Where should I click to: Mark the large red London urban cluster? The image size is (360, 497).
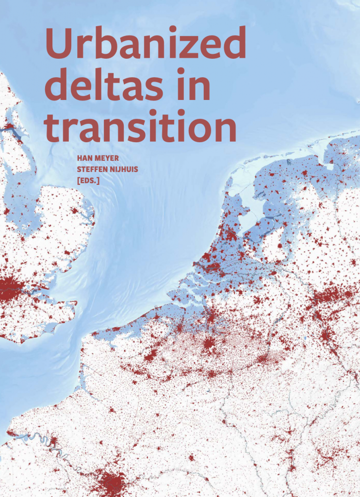12,290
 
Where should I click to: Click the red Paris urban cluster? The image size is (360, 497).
113,482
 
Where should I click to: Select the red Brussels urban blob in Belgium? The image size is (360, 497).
209,345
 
